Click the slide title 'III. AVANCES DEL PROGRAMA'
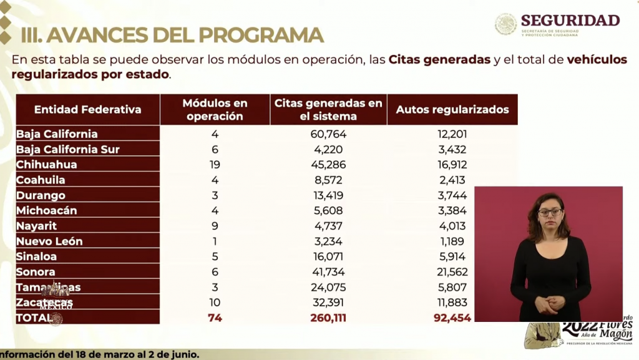pos(172,35)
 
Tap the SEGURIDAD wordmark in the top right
pos(570,20)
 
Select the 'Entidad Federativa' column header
pos(87,110)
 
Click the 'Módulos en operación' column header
pos(215,110)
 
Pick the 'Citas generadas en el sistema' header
pos(328,110)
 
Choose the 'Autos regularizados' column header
pos(452,110)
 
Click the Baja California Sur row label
pos(67,149)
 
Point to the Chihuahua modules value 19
pos(215,165)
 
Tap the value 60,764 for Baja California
pos(328,134)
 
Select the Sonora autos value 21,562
pos(452,272)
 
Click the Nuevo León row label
pos(49,241)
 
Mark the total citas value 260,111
pos(328,318)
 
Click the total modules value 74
pos(215,318)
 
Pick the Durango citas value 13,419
pos(328,195)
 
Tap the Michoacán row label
pos(47,211)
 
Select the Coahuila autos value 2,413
pos(452,180)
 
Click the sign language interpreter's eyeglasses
pos(550,212)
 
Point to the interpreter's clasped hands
pos(549,304)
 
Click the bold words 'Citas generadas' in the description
pos(439,61)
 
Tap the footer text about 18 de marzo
pos(100,354)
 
